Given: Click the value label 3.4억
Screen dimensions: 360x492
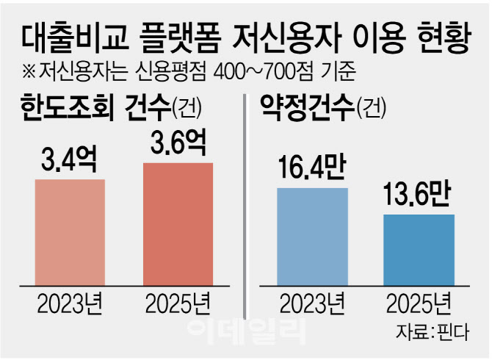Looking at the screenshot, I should pos(69,159).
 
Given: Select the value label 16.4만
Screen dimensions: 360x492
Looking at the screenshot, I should pos(312,170).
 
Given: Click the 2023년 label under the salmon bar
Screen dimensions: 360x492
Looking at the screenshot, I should pos(69,303).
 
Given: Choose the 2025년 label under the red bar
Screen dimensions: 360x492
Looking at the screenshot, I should pos(177,303).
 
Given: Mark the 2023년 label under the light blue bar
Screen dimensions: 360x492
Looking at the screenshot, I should pos(312,303).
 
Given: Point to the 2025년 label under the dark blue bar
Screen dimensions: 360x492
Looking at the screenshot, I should pos(419,303).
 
